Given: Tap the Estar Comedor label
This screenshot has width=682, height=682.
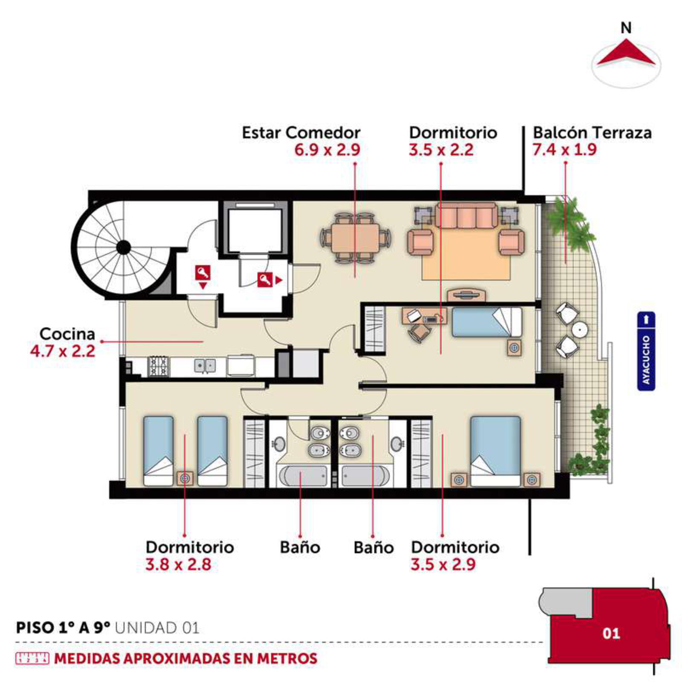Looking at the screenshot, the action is (x=301, y=133).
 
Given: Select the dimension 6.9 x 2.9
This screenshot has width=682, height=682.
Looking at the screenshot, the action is (x=327, y=150).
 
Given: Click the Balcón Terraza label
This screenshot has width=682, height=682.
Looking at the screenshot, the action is (x=592, y=133).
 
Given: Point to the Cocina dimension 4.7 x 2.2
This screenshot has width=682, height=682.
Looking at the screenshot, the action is (x=63, y=352).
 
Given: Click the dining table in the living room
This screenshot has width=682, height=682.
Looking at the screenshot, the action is (x=355, y=238).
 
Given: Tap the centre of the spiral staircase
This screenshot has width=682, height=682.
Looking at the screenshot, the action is (x=124, y=247).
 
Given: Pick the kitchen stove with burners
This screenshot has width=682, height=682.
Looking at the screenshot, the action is (x=159, y=367).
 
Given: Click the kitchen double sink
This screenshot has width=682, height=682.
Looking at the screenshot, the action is (x=205, y=366).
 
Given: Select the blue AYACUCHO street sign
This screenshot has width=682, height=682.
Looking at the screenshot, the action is (x=646, y=351).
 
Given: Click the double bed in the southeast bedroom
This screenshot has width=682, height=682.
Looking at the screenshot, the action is (x=495, y=451).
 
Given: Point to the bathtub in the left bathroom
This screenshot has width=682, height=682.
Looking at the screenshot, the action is (x=302, y=476).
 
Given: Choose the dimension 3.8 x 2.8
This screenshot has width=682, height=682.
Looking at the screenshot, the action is (x=178, y=565).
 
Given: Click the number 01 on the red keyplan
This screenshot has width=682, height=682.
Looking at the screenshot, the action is (x=611, y=633).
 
